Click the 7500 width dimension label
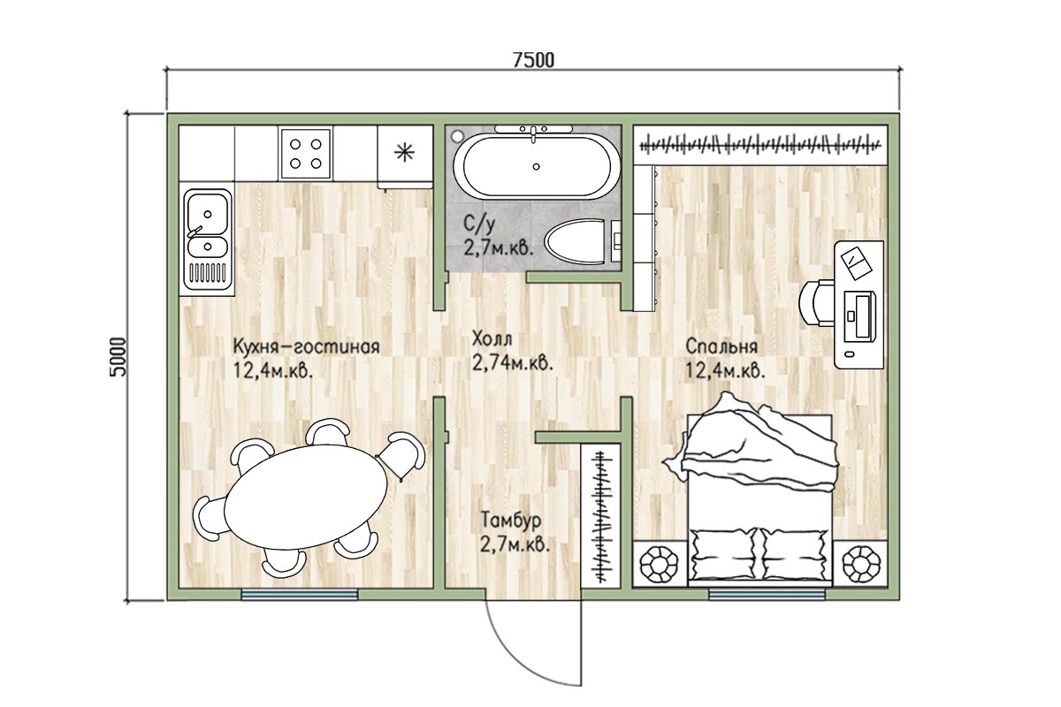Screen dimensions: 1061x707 [x=533, y=60]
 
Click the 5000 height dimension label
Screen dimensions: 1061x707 [x=118, y=357]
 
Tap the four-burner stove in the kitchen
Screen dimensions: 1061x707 [x=306, y=154]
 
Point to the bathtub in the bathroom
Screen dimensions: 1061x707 [x=536, y=166]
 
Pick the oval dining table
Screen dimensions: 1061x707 [x=306, y=497]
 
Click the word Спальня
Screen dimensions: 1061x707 [x=721, y=346]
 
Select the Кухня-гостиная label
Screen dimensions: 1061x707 [x=307, y=346]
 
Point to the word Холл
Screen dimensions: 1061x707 [x=492, y=339]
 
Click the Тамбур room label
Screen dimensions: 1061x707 [x=511, y=521]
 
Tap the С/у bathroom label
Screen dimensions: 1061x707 [x=479, y=224]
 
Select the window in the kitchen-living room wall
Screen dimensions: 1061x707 [x=300, y=594]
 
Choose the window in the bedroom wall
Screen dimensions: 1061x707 [x=767, y=594]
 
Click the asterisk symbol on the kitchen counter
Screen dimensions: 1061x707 [x=405, y=153]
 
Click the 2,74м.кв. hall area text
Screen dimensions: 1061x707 [x=513, y=363]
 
